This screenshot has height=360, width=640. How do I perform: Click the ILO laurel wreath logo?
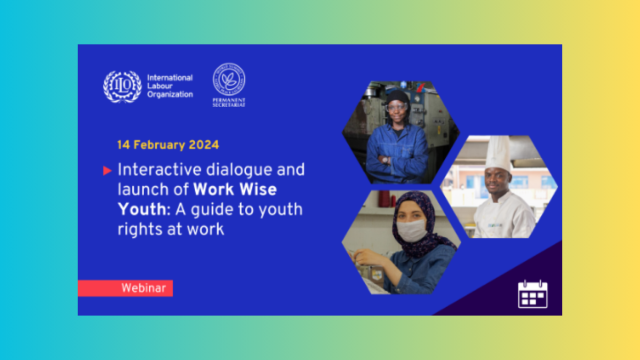(x=122, y=86)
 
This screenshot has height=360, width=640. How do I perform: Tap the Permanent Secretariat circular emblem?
(x=229, y=79)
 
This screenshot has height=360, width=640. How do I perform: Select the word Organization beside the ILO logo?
(x=170, y=95)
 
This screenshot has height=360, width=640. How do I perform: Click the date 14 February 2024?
(x=168, y=145)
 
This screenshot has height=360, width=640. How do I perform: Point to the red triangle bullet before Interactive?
(x=107, y=171)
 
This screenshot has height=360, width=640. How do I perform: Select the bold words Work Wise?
(x=235, y=189)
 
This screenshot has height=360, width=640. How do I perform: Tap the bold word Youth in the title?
(x=141, y=209)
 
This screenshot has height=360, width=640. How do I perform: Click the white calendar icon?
(x=533, y=294)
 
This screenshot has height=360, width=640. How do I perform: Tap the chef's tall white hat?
(x=498, y=153)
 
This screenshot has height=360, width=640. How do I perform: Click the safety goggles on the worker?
(x=396, y=108)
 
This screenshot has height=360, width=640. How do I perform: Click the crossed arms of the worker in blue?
(x=397, y=160)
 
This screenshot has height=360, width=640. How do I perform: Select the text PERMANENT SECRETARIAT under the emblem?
(x=229, y=102)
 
